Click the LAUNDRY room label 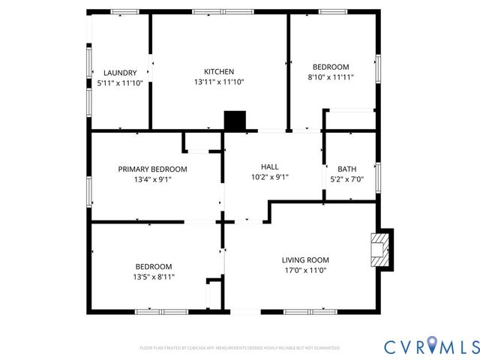pos(120,73)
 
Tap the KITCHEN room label pos(219,72)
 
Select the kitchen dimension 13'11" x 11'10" pos(219,82)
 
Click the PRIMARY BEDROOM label pos(152,169)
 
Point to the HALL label pos(269,167)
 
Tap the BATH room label pos(346,169)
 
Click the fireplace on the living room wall pos(381,249)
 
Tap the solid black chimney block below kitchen pos(235,121)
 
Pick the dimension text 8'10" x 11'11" pos(331,77)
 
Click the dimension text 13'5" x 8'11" pos(154,277)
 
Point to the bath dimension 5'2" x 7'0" pos(346,180)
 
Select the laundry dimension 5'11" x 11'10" pos(120,83)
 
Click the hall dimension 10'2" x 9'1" pos(269,178)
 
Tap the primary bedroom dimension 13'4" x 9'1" pos(152,180)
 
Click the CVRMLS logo pos(431,346)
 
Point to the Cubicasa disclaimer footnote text pos(239,348)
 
